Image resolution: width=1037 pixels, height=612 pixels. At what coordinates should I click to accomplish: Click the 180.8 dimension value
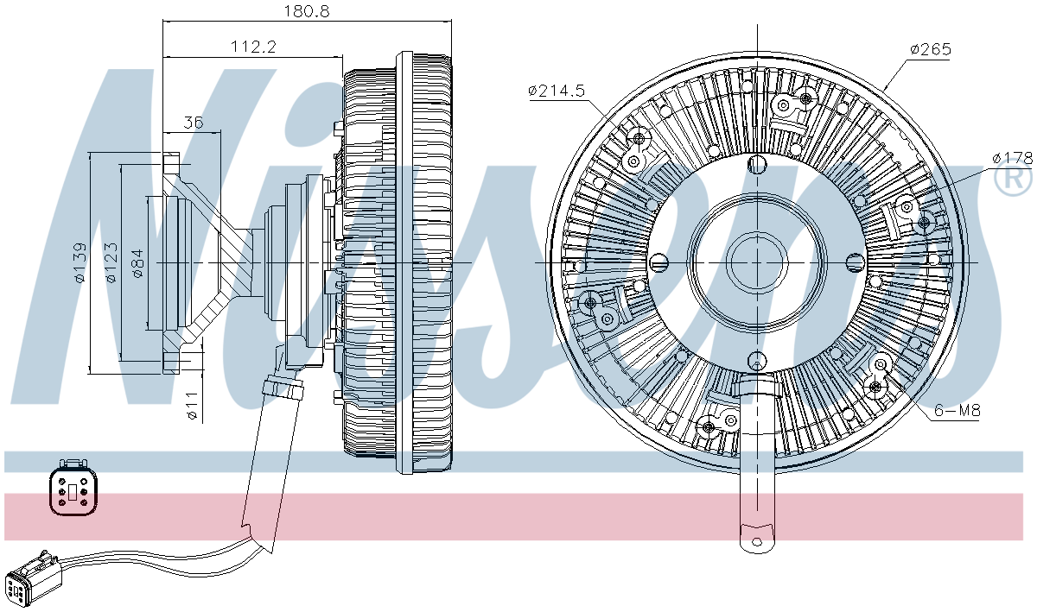307,11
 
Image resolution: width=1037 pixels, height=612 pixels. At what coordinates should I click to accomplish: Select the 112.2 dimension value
253,47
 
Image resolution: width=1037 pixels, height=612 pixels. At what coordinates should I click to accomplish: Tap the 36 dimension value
194,123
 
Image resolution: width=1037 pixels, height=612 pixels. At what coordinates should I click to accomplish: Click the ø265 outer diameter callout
930,49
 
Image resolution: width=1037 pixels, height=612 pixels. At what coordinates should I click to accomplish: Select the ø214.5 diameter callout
557,90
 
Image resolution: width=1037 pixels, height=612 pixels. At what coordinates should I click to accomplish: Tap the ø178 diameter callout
1012,157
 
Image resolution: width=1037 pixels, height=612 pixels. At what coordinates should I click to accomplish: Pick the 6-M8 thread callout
957,412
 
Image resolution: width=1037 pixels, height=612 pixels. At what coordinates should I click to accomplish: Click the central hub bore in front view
755,262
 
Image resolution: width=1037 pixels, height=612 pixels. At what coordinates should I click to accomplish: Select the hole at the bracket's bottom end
758,543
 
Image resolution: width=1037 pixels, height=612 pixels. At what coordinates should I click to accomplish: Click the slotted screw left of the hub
659,262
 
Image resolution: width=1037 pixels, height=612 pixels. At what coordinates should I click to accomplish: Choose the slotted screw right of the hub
852,262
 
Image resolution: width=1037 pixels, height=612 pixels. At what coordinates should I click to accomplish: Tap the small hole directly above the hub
757,166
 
